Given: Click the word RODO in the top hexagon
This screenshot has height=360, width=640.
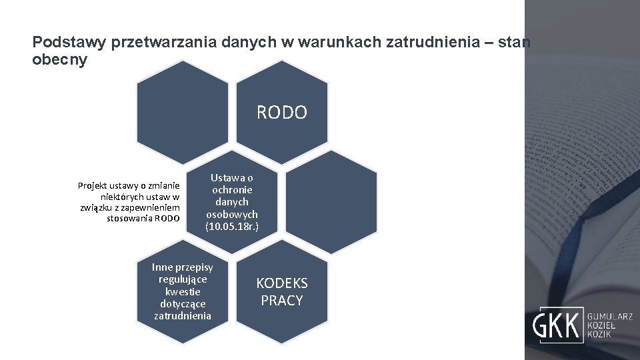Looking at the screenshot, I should tap(282, 113).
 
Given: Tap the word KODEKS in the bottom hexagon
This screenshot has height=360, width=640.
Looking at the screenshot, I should tap(282, 283).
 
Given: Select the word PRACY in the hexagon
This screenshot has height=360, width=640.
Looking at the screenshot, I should tap(282, 301).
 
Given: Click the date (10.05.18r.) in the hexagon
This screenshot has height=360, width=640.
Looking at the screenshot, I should tap(232, 227).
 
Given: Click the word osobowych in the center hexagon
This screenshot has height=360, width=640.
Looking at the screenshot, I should tap(232, 214).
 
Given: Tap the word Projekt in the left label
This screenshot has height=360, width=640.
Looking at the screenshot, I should tap(95, 185).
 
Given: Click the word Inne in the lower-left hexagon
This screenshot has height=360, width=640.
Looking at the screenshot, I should tap(163, 267).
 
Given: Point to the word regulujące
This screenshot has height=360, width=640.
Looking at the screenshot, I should tap(183, 279).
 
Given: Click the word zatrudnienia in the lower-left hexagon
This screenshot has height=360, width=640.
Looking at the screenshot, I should tap(183, 315).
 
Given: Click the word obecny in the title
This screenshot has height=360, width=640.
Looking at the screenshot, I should tap(59, 59).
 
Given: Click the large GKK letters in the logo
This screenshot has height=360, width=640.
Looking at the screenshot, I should tap(556, 325).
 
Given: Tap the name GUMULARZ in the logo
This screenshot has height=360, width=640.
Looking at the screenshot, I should tap(609, 317).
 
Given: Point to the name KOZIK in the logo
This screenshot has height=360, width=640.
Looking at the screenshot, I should tap(598, 333).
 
